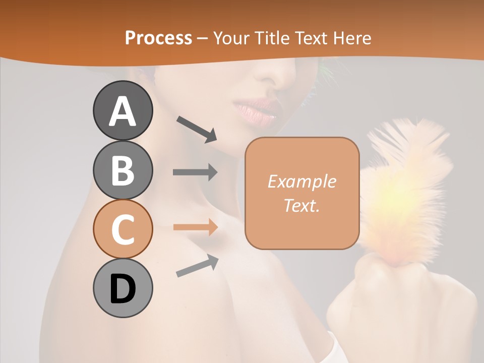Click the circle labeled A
pyautogui.click(x=123, y=110)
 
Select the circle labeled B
pyautogui.click(x=123, y=170)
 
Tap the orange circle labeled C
pyautogui.click(x=123, y=229)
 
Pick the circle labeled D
pyautogui.click(x=123, y=288)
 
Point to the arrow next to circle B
pyautogui.click(x=195, y=172)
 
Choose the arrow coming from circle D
pyautogui.click(x=197, y=266)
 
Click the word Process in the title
pyautogui.click(x=158, y=38)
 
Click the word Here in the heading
pyautogui.click(x=352, y=38)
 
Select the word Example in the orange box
pyautogui.click(x=301, y=181)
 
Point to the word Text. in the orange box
pyautogui.click(x=301, y=205)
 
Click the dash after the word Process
pyautogui.click(x=202, y=38)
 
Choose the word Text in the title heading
pyautogui.click(x=312, y=38)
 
